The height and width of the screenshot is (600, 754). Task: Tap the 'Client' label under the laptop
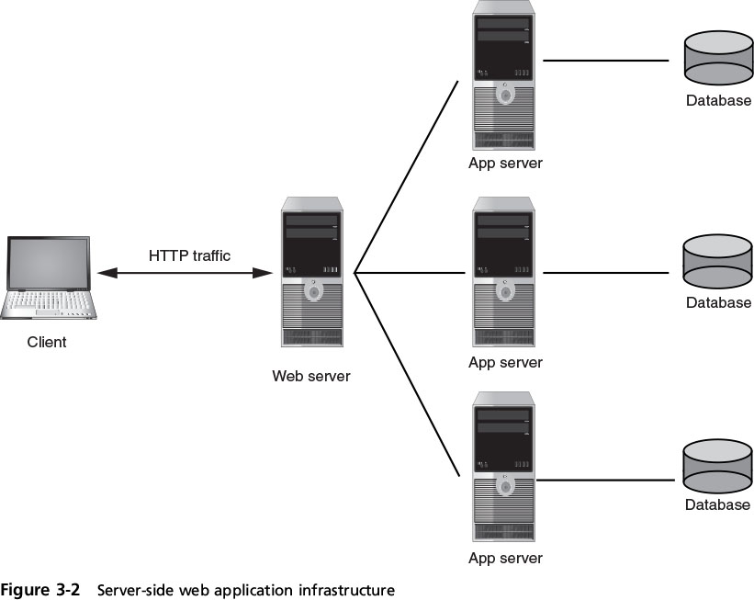pyautogui.click(x=47, y=343)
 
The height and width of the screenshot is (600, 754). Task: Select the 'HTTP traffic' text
pyautogui.click(x=191, y=255)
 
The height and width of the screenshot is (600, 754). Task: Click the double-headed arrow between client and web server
pyautogui.click(x=185, y=273)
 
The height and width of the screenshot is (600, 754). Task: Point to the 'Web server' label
pyautogui.click(x=311, y=376)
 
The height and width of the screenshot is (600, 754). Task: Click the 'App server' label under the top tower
pyautogui.click(x=505, y=164)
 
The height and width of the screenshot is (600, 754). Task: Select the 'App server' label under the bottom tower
pyautogui.click(x=505, y=558)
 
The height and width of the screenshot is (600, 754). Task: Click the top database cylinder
pyautogui.click(x=717, y=59)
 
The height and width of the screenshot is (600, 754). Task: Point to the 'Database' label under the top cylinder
pyautogui.click(x=718, y=100)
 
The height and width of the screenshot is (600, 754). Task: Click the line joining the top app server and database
pyautogui.click(x=605, y=61)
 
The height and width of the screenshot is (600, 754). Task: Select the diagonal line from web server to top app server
pyautogui.click(x=406, y=177)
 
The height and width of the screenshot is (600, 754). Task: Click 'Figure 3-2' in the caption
pyautogui.click(x=42, y=590)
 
